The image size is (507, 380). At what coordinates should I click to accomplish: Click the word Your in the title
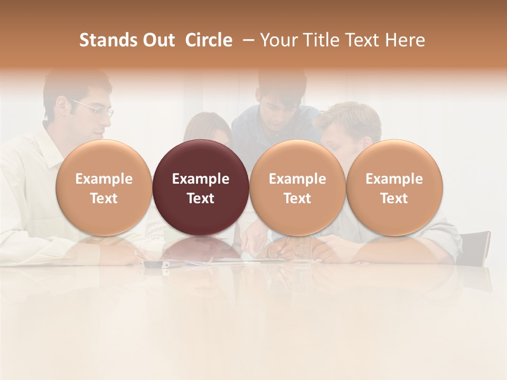point(278,41)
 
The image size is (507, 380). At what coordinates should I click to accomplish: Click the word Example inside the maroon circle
point(201,179)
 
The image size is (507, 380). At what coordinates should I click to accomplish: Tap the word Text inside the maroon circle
point(201,198)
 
